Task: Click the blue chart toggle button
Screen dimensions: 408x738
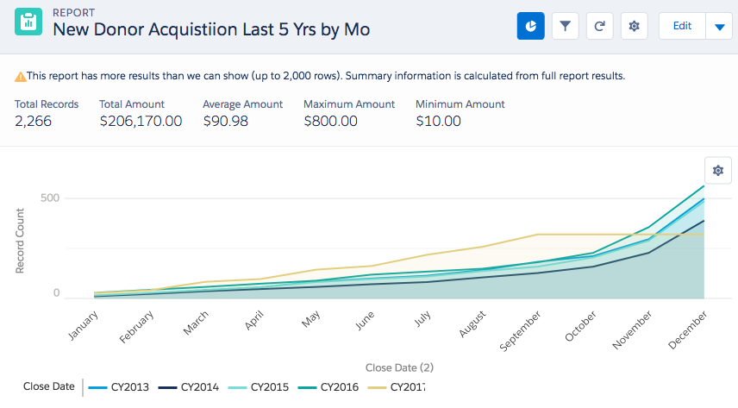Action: (x=531, y=26)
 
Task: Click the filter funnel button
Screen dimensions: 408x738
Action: (x=565, y=26)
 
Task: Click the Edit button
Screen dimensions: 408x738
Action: (x=682, y=26)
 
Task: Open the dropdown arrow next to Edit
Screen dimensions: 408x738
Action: (x=719, y=27)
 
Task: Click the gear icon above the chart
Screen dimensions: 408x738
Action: (x=717, y=171)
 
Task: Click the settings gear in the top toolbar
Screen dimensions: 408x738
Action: (x=634, y=26)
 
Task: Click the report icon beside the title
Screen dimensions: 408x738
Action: (x=28, y=23)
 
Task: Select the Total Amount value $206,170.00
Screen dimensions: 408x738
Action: (x=141, y=122)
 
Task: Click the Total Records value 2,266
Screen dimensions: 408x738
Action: (x=34, y=122)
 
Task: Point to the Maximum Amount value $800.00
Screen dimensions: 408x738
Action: (x=330, y=122)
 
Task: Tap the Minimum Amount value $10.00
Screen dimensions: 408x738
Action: (x=438, y=122)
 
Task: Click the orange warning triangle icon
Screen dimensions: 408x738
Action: (x=20, y=77)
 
